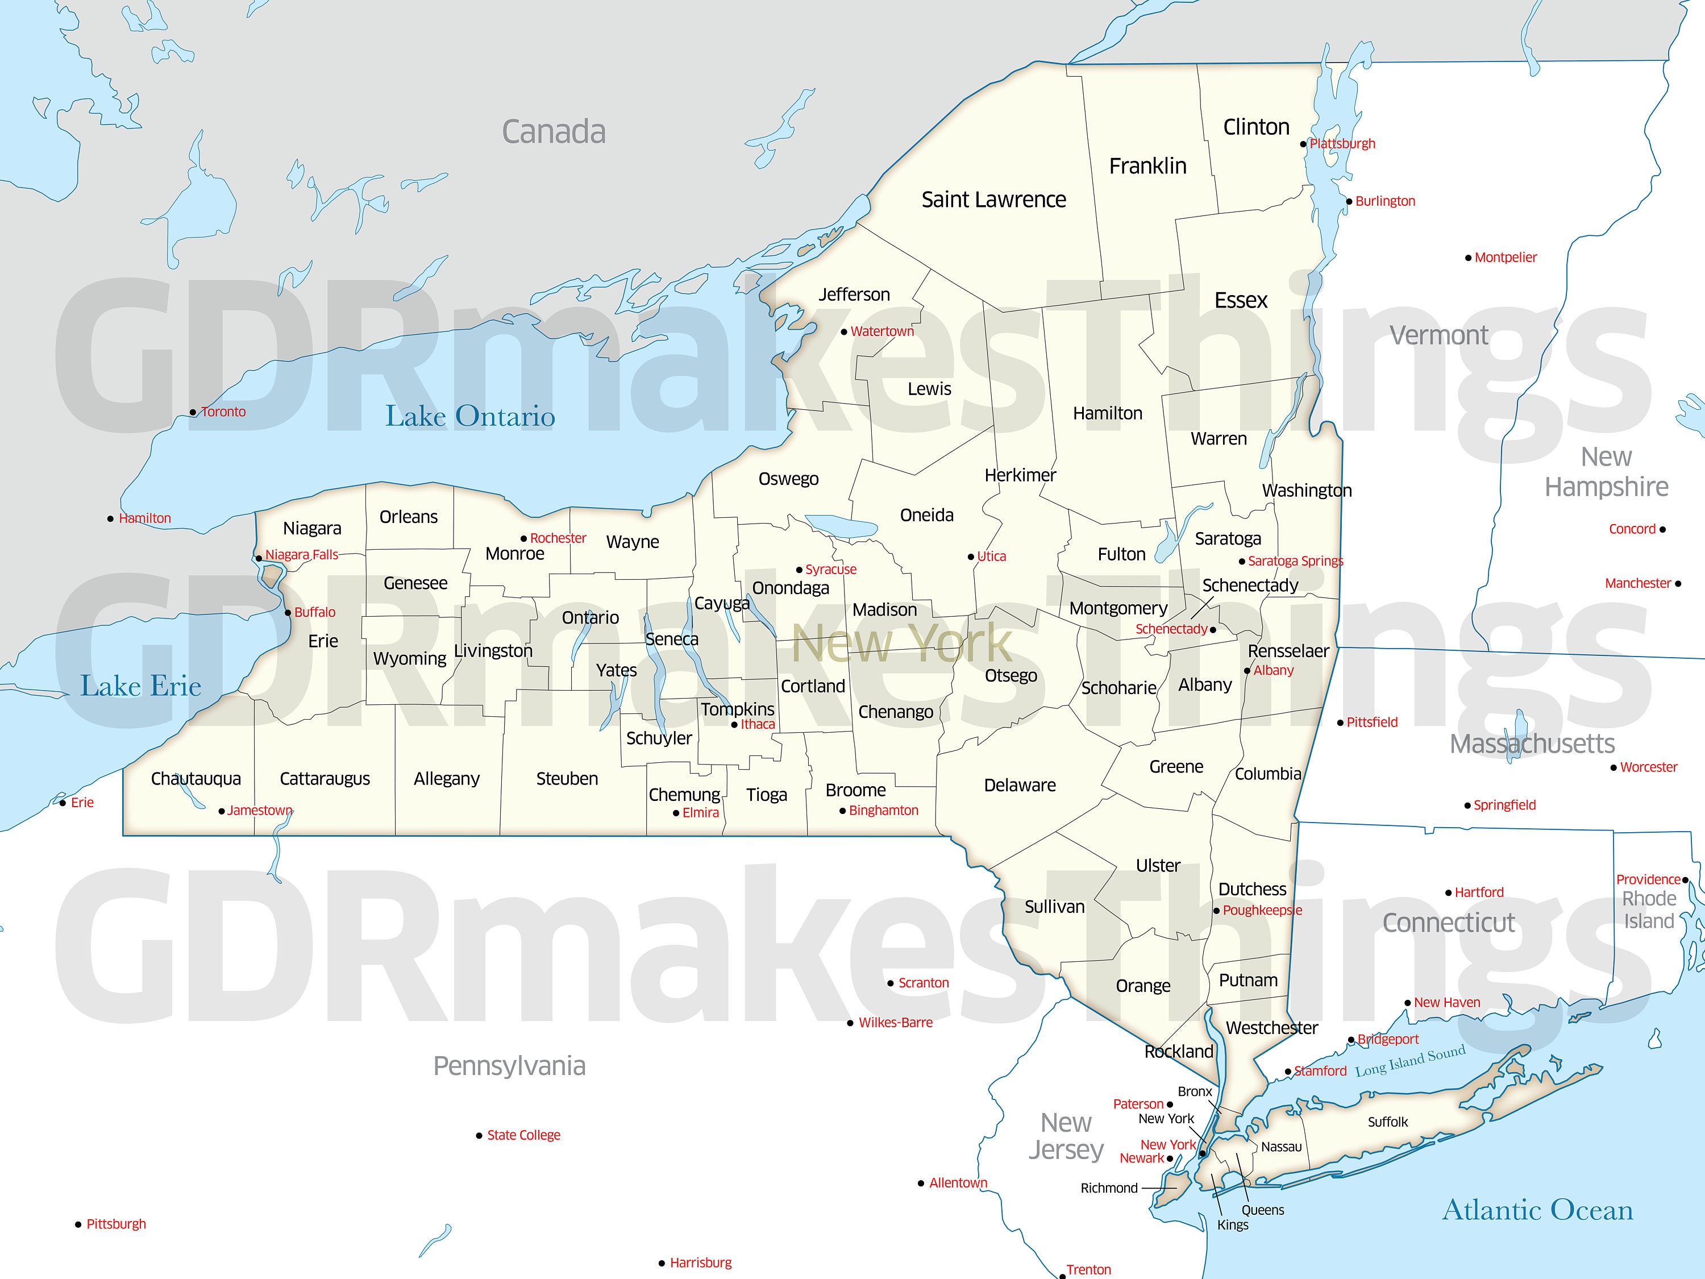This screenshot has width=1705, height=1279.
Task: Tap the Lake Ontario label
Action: coord(470,416)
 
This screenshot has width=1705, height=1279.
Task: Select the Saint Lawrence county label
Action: coord(993,200)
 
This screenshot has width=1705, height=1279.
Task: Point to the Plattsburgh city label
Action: coord(1342,143)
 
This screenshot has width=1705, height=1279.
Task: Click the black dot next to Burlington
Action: coord(1349,202)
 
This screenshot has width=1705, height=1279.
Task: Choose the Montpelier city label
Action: coord(1506,258)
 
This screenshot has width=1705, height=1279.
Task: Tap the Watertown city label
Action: coord(882,331)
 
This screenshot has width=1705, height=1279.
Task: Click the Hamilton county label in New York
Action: coord(1108,413)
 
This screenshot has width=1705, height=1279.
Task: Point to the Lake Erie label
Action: coord(140,686)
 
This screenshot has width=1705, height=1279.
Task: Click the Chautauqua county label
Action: coord(196,779)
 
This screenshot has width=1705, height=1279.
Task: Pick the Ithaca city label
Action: coord(758,724)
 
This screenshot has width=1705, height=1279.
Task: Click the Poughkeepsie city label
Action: coord(1262,911)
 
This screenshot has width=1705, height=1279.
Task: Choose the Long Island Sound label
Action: coord(1410,1062)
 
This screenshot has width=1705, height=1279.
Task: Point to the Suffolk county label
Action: coord(1387,1122)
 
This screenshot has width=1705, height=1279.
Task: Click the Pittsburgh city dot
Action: coord(78,1224)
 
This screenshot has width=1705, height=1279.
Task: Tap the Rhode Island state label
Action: coord(1649,910)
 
